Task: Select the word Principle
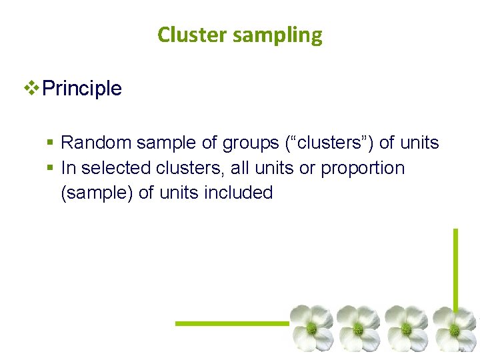click(81, 88)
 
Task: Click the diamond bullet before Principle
click(31, 88)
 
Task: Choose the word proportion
click(363, 169)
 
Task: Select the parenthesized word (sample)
click(97, 193)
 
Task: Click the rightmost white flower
click(455, 328)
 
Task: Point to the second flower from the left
click(359, 328)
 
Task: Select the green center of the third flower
click(406, 329)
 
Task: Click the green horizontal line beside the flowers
click(230, 323)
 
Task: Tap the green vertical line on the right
click(456, 267)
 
